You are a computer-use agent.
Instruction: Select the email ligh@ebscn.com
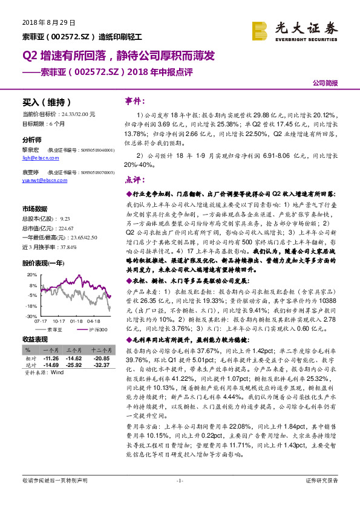37,157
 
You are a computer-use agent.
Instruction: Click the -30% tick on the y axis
28,316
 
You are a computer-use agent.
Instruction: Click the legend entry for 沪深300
96,329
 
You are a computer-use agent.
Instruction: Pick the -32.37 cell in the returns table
100,365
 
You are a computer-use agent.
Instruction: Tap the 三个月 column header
74,350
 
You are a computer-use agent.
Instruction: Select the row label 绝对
29,365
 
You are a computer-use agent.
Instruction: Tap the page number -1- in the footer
180,497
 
